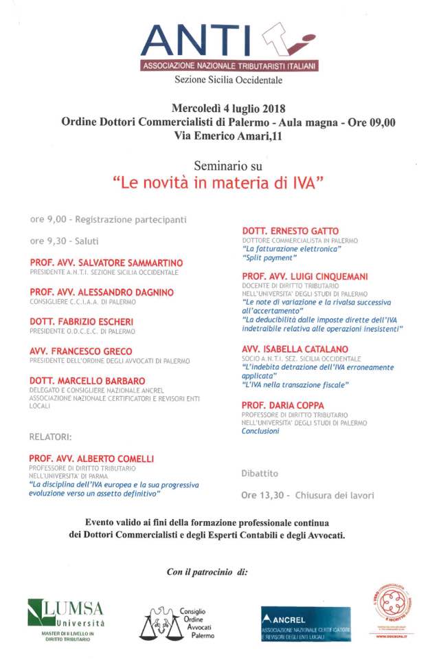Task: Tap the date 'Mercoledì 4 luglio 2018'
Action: click(x=228, y=109)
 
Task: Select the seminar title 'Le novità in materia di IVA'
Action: click(x=218, y=184)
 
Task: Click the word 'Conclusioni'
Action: click(x=260, y=432)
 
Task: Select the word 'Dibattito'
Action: click(x=260, y=474)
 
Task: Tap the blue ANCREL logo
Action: click(x=305, y=624)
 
